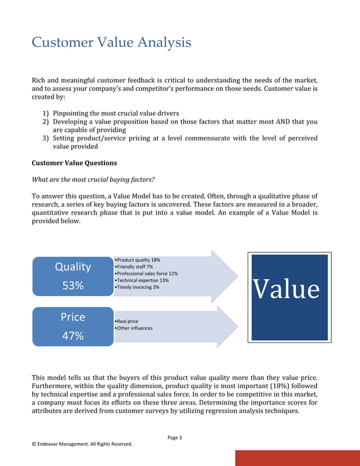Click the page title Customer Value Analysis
point(111,42)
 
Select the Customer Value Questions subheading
point(74,163)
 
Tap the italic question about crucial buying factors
point(85,179)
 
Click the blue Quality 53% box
point(73,276)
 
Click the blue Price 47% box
point(73,326)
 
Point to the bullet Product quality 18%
point(137,260)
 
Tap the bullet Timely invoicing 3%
point(137,287)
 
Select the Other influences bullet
point(133,328)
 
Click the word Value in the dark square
point(286,289)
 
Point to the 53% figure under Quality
point(73,285)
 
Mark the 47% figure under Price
point(73,336)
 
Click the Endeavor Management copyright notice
point(82,444)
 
